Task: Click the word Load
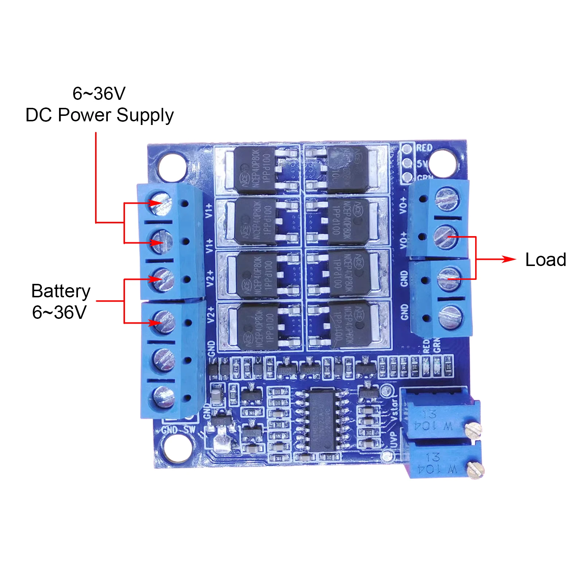point(545,260)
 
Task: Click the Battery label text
point(61,291)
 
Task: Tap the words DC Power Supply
point(99,115)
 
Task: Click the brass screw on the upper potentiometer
point(473,430)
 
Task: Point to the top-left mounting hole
point(172,168)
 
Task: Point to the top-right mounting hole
point(442,163)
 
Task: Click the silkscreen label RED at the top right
point(424,148)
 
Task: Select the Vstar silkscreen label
point(394,410)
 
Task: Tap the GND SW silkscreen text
point(178,430)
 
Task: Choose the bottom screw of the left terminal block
point(164,397)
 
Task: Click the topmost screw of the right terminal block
point(447,199)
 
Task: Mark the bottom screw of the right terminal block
point(451,316)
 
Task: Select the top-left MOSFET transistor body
point(254,170)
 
